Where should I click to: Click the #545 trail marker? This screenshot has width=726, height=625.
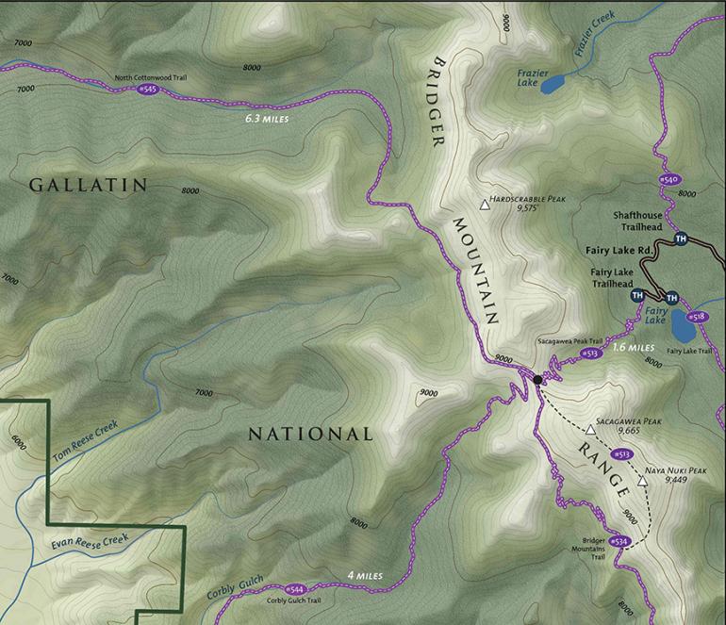tap(149, 89)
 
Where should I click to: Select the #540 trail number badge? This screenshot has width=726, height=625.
tap(668, 179)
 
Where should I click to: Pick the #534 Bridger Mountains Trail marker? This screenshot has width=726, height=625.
tap(619, 541)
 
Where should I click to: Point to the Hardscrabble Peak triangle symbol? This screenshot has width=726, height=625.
tap(486, 204)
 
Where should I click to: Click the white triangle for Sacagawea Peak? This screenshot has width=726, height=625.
tap(591, 429)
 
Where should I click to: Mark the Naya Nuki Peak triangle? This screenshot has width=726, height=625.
tap(643, 481)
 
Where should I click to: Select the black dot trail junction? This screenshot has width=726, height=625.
tap(536, 379)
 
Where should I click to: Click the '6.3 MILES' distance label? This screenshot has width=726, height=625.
tap(263, 120)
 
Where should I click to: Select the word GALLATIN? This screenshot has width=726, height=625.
tap(89, 185)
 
